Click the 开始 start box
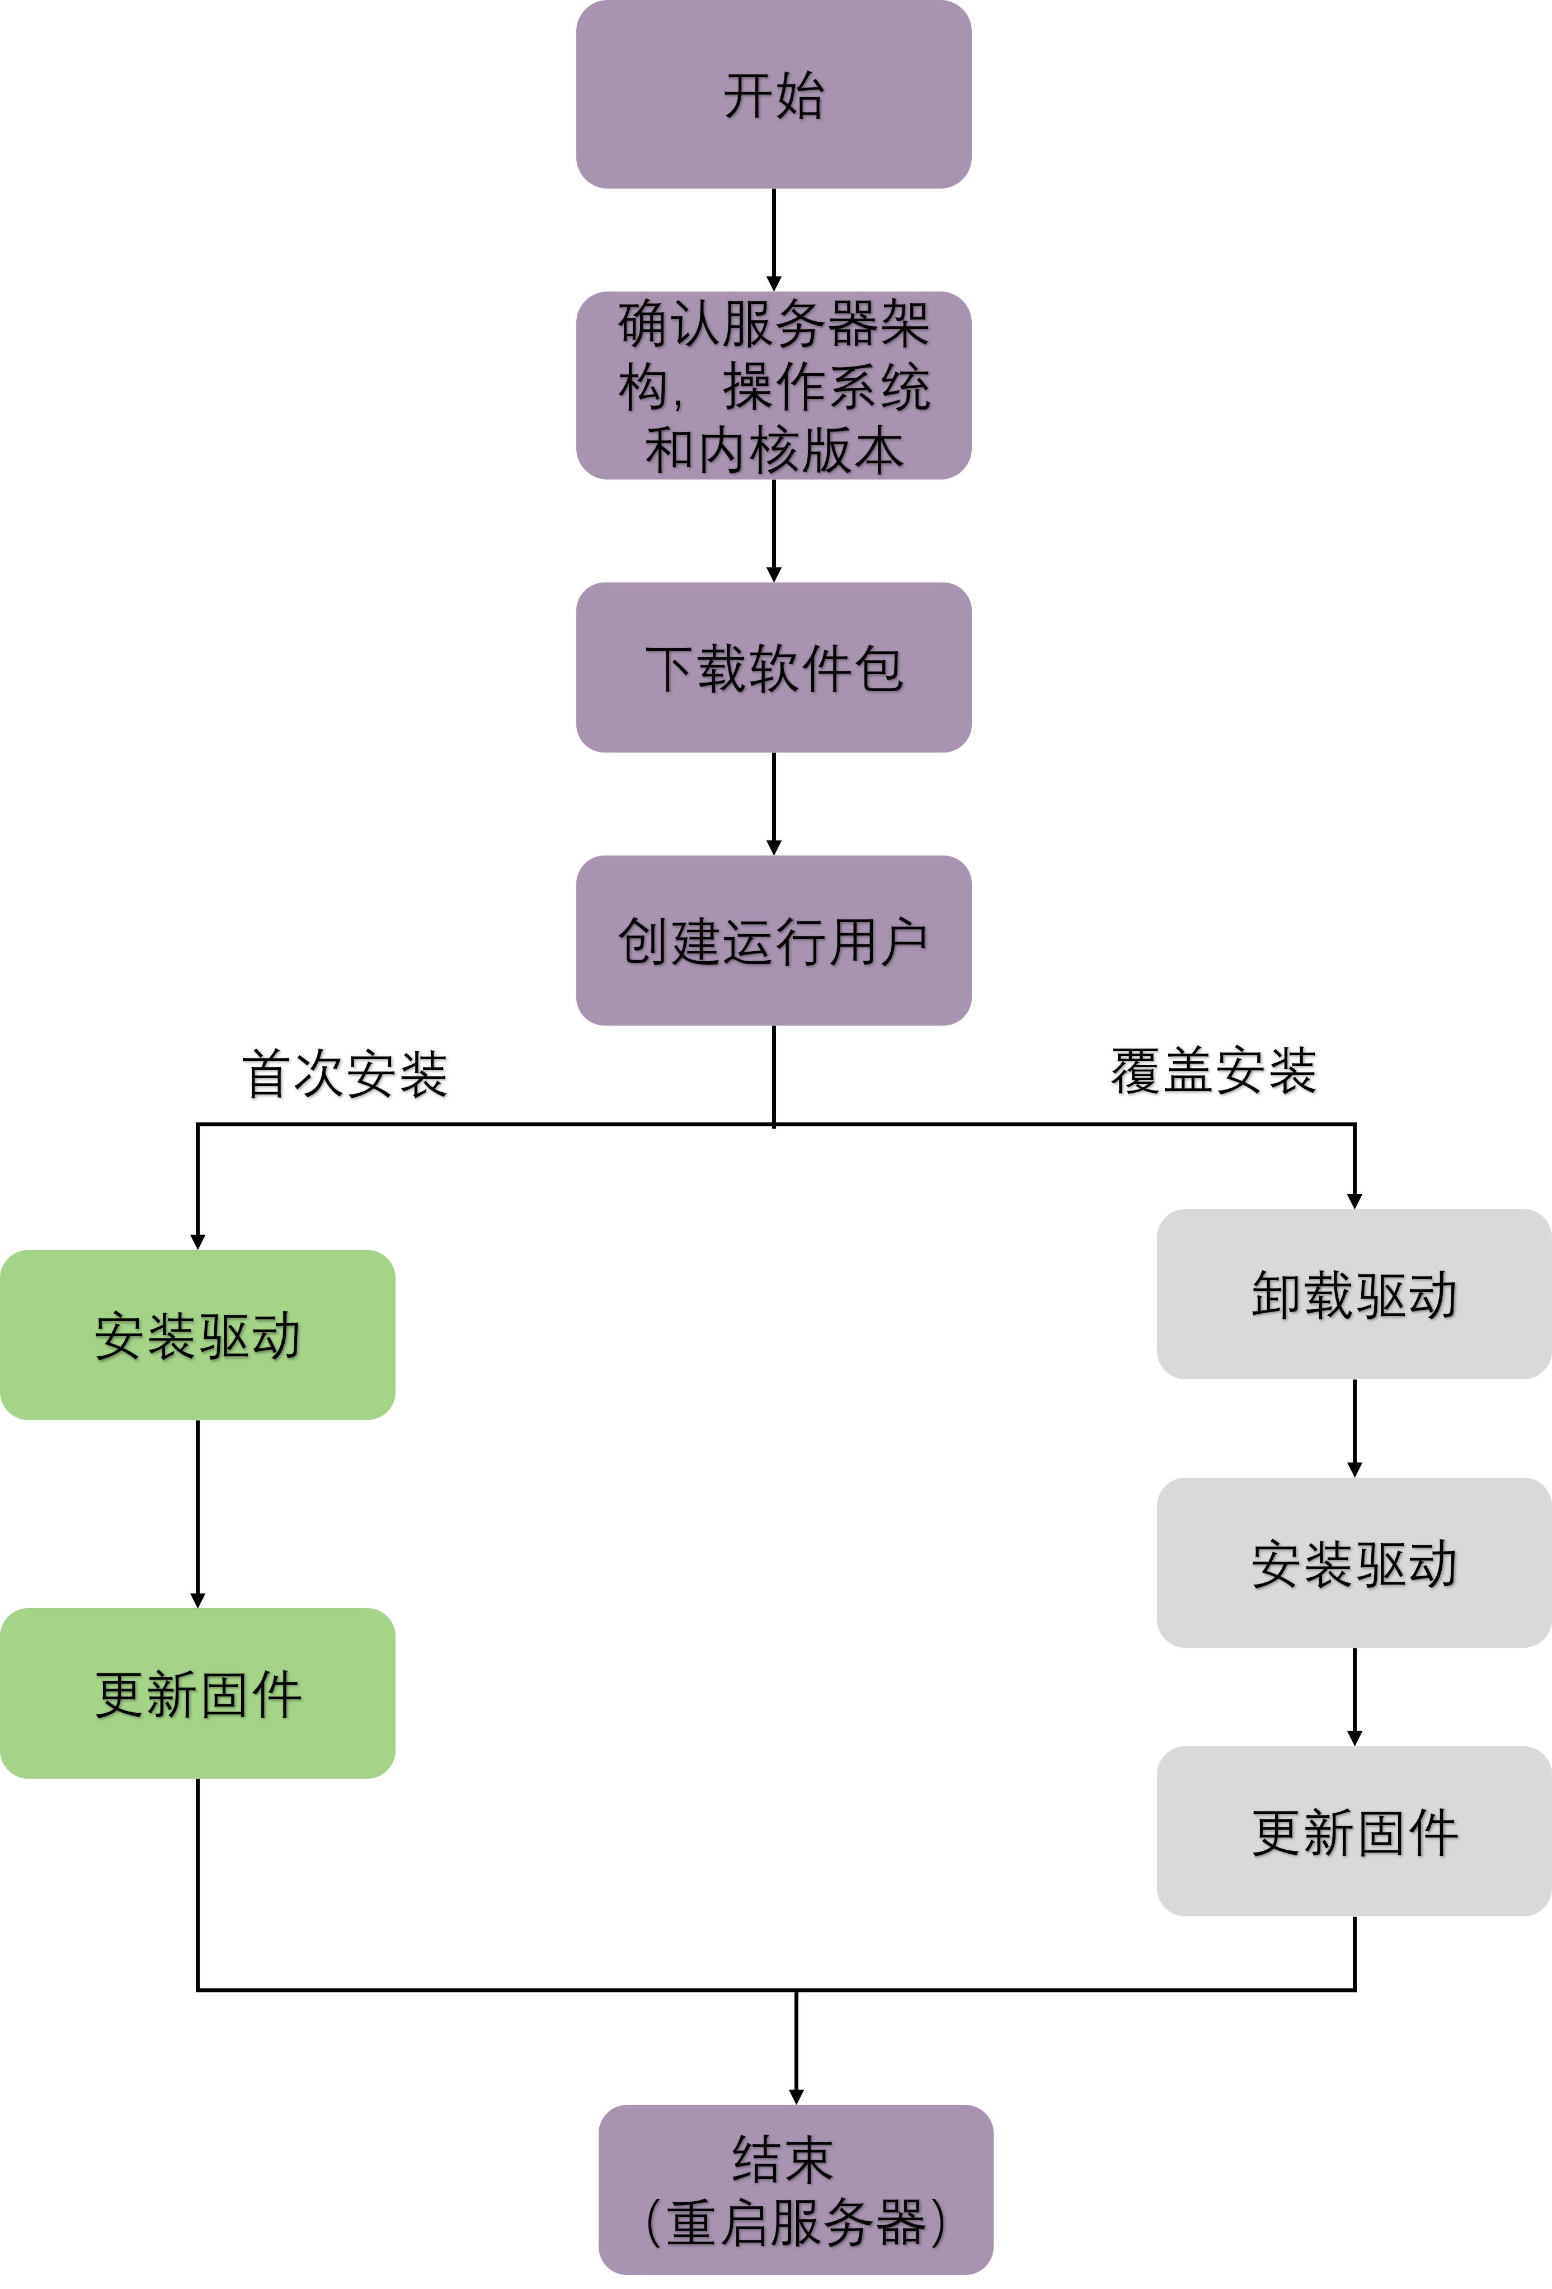pos(773,95)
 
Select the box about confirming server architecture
pos(773,385)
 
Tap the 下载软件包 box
pos(773,668)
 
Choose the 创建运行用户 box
pos(773,941)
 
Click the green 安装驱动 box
pos(197,1334)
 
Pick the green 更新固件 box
pos(197,1693)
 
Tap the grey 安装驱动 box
pos(1354,1563)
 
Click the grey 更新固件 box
pos(1354,1832)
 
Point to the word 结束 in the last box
pos(783,2159)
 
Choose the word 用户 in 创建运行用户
pos(878,942)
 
